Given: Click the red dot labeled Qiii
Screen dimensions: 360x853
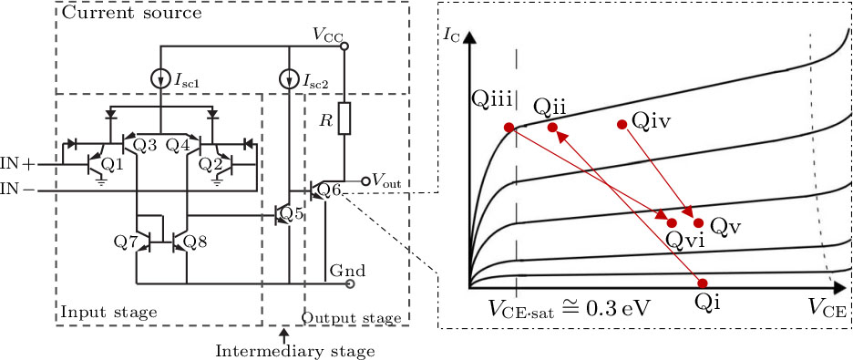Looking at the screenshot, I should point(509,128).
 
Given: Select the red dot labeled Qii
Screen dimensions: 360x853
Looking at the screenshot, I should point(552,128).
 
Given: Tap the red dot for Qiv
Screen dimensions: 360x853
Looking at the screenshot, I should point(622,124).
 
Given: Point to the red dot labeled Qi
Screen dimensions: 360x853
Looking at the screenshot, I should point(702,282).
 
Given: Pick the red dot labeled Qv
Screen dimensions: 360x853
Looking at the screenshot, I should point(699,222).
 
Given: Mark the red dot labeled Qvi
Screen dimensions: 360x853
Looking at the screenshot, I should point(673,222).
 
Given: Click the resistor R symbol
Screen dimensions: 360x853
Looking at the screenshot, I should point(344,118).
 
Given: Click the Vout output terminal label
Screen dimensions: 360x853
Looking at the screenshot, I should point(386,180).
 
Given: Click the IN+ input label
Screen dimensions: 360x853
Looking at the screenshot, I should point(17,164).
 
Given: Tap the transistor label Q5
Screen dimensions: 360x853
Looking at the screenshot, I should point(291,214).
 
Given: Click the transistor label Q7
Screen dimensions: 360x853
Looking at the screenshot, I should point(126,242).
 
